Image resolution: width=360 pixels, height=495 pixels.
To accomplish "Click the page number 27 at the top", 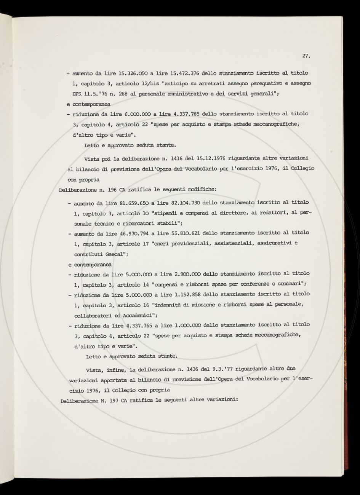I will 306,56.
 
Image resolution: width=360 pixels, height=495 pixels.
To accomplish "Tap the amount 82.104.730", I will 185,203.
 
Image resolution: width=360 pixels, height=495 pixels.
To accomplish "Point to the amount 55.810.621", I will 185,233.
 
